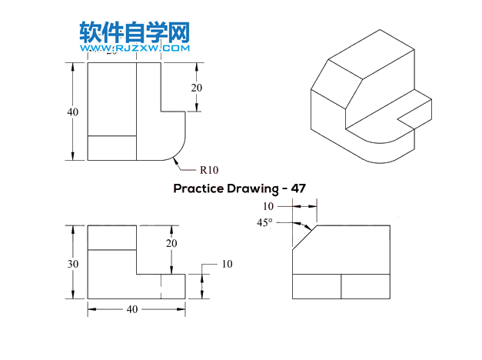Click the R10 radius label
point(210,169)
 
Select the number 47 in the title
point(298,188)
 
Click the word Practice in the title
point(197,188)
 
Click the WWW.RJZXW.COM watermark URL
point(135,48)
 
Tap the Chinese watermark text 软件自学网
point(135,32)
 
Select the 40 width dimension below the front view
point(132,309)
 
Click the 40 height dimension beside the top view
point(72,112)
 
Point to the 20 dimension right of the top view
point(197,87)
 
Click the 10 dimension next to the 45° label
point(268,206)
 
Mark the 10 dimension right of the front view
point(227,264)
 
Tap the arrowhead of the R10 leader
point(176,159)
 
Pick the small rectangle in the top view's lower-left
point(112,148)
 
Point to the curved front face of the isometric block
point(388,151)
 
